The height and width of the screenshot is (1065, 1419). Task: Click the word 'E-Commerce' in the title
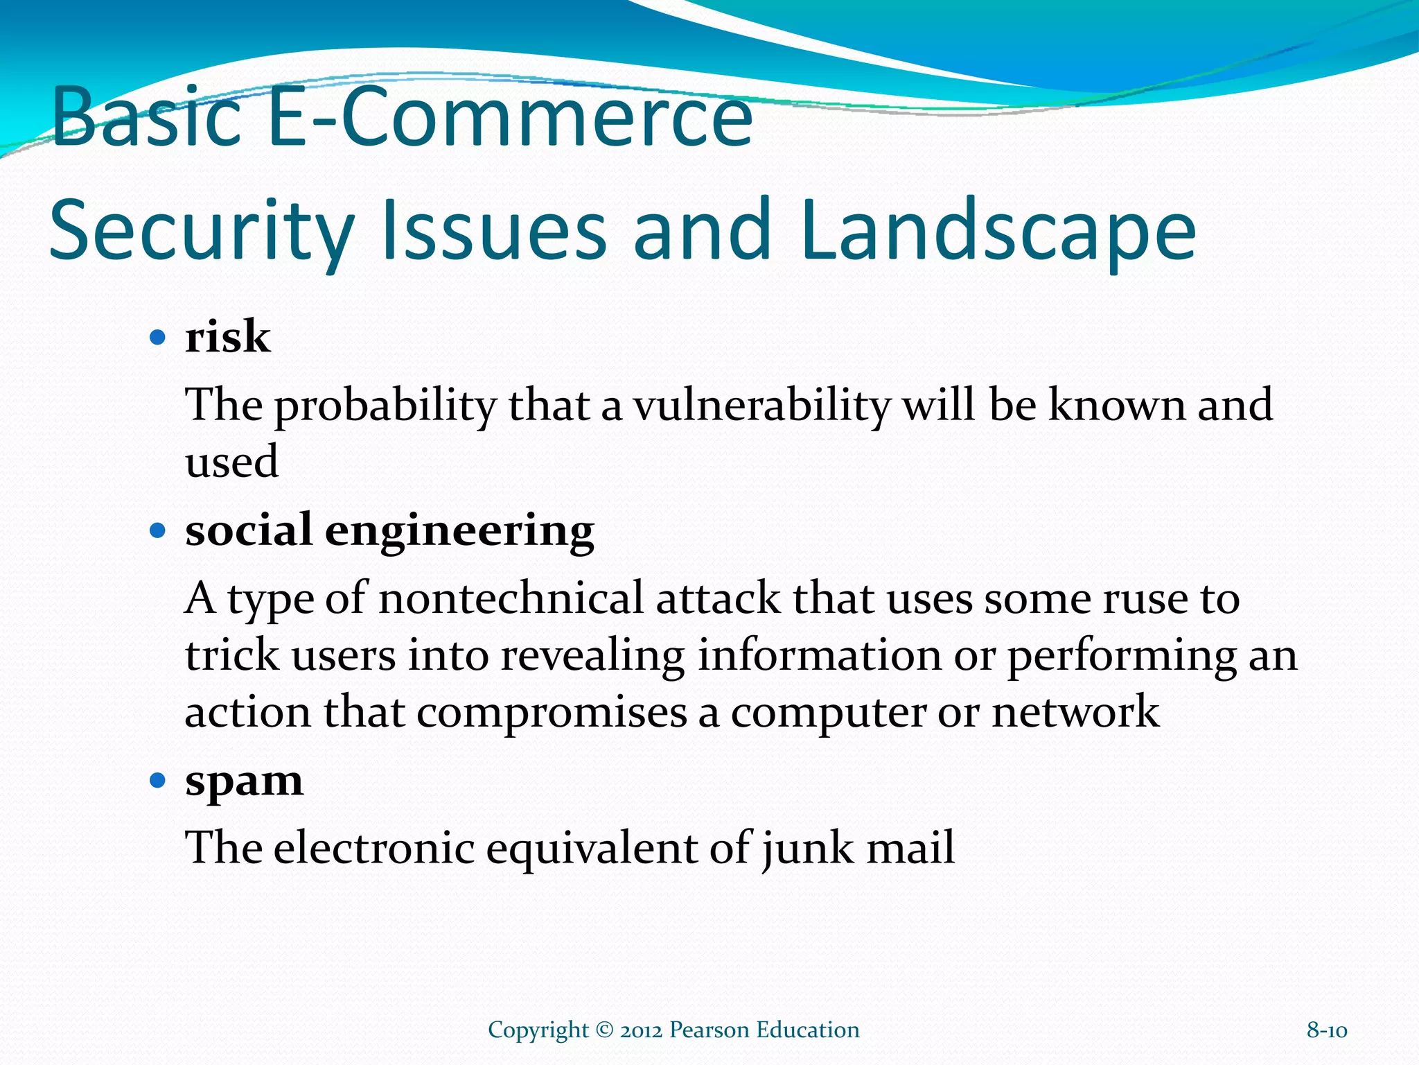click(510, 116)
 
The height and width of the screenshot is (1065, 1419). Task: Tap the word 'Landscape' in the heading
click(998, 230)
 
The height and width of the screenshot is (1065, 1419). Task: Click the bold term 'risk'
click(227, 338)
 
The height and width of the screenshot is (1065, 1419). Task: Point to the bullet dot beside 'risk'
click(158, 338)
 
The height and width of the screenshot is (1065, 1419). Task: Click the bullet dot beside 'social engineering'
click(158, 532)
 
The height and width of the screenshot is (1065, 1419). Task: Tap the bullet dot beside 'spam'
click(158, 781)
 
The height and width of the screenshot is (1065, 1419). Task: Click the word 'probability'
click(385, 406)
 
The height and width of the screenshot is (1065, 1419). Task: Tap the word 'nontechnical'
click(511, 598)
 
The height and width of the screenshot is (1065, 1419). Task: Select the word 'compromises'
click(552, 713)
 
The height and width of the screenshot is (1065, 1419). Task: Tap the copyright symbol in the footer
click(604, 1030)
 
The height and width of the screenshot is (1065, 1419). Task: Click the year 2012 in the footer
click(641, 1030)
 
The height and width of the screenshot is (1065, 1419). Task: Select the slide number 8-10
click(1326, 1030)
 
